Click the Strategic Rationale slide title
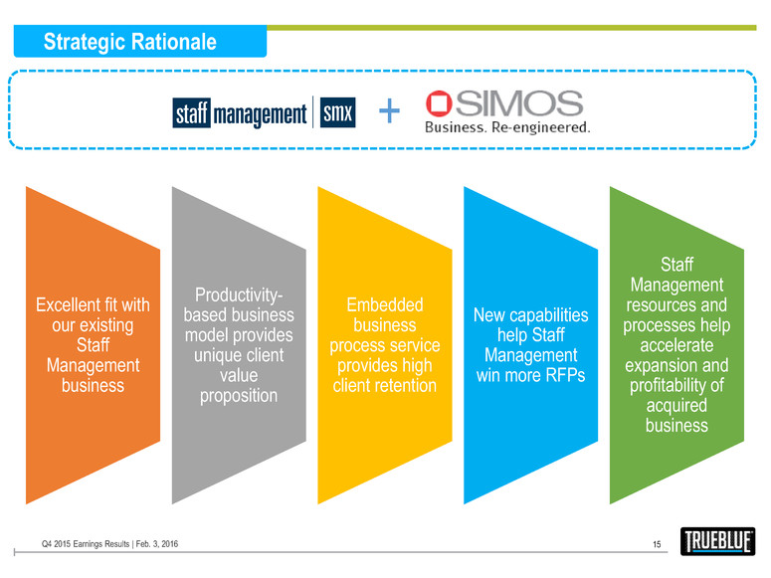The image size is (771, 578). point(130,42)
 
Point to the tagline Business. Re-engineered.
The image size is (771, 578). point(507,126)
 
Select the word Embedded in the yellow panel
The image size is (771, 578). point(383,304)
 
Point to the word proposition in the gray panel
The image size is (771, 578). point(237,395)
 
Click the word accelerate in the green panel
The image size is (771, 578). point(675,344)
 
